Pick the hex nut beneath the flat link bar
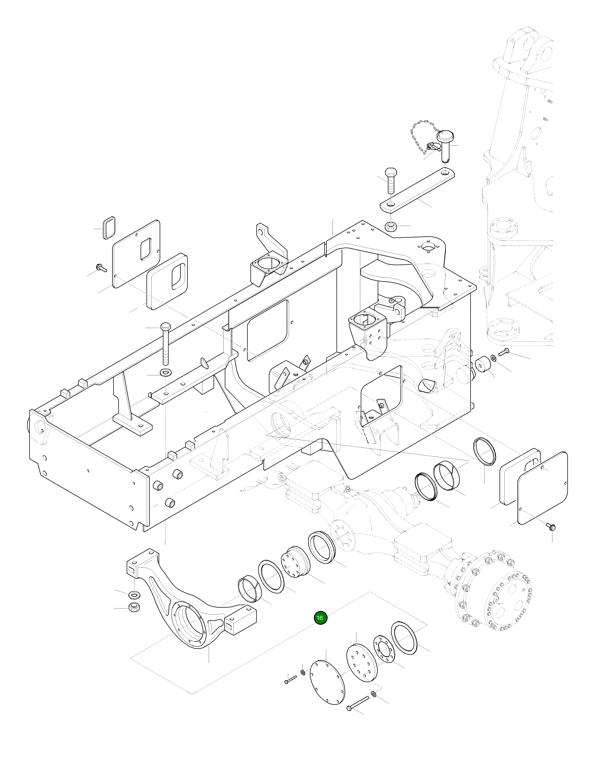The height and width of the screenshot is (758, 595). tap(391, 226)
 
